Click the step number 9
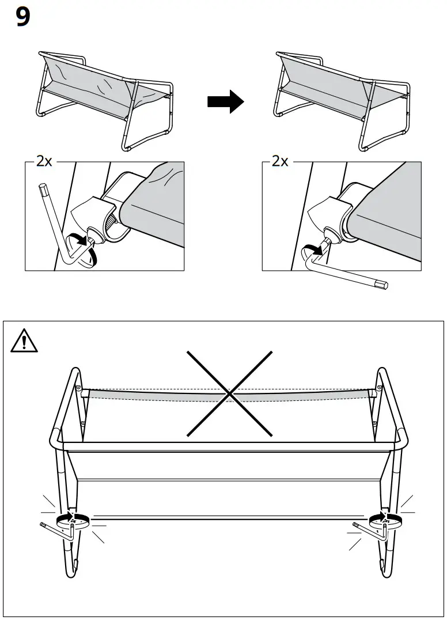coord(22,18)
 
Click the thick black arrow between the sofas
coord(225,101)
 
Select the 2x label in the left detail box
coord(44,161)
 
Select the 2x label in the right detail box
coord(280,161)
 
